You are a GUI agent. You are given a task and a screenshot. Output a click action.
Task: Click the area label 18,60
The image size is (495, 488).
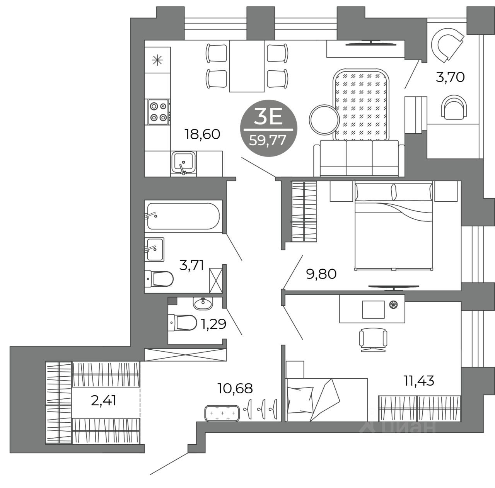pos(202,134)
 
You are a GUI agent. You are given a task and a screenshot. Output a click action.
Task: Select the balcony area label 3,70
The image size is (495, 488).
pos(450,77)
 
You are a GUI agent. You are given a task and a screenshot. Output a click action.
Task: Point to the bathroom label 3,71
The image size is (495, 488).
pos(192,265)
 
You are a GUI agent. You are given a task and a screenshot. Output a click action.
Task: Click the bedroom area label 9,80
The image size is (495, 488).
pos(321,274)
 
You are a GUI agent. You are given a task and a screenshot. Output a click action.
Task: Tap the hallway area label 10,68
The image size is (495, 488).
pos(235,388)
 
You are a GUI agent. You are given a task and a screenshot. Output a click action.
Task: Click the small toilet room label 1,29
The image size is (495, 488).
pos(213,324)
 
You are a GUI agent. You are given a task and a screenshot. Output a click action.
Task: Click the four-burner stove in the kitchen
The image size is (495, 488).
pos(159,112)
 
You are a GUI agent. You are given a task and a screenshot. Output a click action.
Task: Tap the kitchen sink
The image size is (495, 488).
pos(183,163)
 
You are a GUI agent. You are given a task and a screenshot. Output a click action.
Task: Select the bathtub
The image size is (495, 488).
pos(183,216)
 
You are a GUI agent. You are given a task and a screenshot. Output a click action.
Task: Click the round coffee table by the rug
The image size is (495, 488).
pos(324,120)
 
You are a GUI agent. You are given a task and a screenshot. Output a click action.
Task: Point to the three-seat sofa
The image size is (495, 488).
pos(359,158)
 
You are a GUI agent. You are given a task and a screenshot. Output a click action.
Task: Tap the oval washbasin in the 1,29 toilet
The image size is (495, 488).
pos(203,304)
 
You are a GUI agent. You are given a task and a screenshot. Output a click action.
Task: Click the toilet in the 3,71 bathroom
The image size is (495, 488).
pos(159,279)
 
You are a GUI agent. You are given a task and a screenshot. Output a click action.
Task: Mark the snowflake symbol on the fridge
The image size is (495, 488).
pos(157,60)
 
